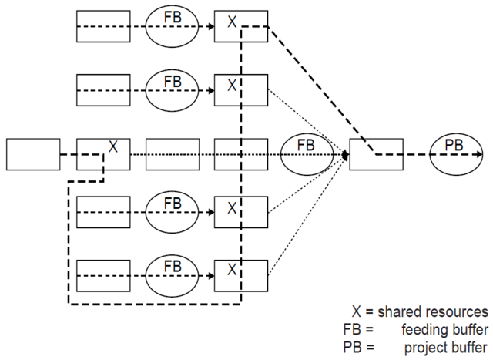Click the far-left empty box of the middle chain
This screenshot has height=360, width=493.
click(x=33, y=153)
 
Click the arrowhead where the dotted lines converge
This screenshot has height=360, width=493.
click(x=345, y=155)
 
